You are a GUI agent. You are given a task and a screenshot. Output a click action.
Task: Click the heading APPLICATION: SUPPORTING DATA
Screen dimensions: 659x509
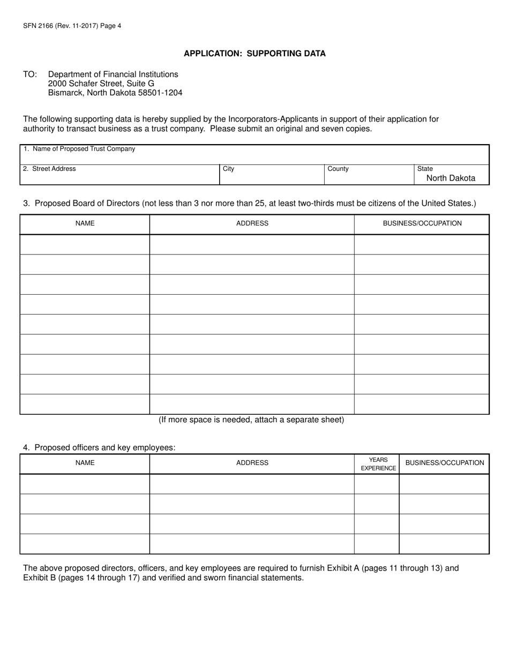254,54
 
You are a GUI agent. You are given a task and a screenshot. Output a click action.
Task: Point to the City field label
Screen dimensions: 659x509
229,169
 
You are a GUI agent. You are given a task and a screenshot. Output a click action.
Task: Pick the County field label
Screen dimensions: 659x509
338,169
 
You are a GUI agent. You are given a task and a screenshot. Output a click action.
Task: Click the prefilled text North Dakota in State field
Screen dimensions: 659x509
451,178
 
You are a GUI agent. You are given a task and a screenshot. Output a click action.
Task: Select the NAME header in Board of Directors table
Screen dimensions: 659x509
85,223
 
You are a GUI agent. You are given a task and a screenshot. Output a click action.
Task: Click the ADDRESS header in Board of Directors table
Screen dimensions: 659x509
252,223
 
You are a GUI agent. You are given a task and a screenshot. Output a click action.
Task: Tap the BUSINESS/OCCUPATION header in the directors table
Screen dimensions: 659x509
422,223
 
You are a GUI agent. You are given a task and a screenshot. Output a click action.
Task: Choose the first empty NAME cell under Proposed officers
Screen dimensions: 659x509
85,484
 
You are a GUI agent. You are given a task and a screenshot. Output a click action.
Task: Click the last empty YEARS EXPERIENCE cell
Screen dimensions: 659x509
377,544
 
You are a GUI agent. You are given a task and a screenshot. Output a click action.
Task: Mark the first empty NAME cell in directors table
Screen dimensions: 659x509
85,244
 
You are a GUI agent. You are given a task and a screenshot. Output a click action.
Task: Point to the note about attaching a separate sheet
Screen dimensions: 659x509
251,420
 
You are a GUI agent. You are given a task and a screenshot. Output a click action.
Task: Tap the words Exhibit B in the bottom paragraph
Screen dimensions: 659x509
39,578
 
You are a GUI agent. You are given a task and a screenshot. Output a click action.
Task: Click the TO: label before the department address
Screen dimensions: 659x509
30,74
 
